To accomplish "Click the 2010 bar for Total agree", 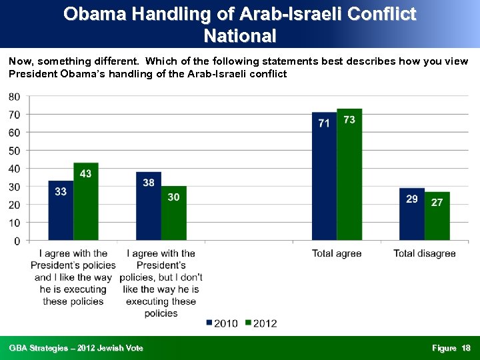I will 324,177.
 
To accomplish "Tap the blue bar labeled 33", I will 61,211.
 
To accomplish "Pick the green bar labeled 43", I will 86,201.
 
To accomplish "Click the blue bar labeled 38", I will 148,206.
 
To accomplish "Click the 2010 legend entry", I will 221,323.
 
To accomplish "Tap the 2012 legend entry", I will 261,323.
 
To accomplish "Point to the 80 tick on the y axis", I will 14,97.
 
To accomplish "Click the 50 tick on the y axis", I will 14,151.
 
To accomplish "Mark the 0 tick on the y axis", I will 17,241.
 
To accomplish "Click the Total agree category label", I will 337,253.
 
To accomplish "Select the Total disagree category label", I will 425,253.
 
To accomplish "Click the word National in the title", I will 240,35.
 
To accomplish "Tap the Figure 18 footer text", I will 451,348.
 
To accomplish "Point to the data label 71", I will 324,123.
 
